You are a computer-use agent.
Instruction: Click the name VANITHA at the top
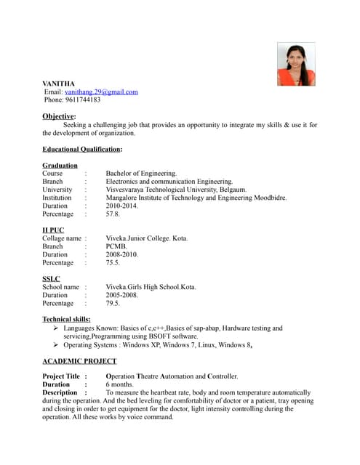click(58, 84)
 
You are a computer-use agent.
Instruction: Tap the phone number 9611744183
click(81, 100)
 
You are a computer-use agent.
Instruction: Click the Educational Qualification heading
click(81, 149)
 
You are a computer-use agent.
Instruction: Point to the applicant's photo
click(296, 64)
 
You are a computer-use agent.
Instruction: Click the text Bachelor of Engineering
click(141, 174)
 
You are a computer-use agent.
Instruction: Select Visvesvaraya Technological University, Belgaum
click(176, 190)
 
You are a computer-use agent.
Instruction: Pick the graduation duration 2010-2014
click(121, 206)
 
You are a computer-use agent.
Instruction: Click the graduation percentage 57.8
click(113, 214)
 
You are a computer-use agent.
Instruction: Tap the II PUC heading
click(53, 230)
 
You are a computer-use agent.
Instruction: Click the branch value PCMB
click(117, 246)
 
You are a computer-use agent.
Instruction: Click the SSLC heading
click(52, 279)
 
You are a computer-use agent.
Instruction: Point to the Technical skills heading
click(66, 320)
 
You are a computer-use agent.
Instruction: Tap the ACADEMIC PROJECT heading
click(79, 361)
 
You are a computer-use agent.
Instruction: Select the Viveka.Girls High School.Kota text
click(151, 287)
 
